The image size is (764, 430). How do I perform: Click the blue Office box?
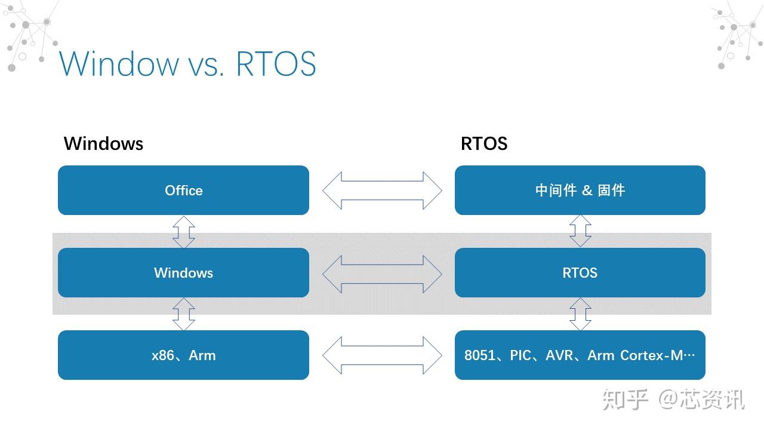click(183, 191)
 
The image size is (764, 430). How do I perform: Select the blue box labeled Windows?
click(183, 273)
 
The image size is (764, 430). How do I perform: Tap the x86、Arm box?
click(183, 355)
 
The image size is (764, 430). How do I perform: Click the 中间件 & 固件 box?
click(580, 191)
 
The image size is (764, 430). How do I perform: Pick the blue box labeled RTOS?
click(580, 273)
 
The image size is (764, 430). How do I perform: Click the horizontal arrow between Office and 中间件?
click(382, 191)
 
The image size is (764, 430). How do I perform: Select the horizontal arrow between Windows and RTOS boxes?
click(382, 274)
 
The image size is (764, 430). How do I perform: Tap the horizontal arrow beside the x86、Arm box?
click(382, 355)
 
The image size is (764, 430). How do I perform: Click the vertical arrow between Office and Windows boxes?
click(184, 232)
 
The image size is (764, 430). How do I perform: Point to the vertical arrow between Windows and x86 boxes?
click(184, 314)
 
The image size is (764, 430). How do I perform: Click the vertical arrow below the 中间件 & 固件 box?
click(580, 231)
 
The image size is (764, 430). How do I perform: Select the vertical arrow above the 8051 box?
click(580, 314)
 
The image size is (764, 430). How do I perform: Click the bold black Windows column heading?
click(103, 143)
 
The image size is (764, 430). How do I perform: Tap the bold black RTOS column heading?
click(484, 143)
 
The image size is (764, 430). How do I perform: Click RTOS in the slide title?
click(276, 64)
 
